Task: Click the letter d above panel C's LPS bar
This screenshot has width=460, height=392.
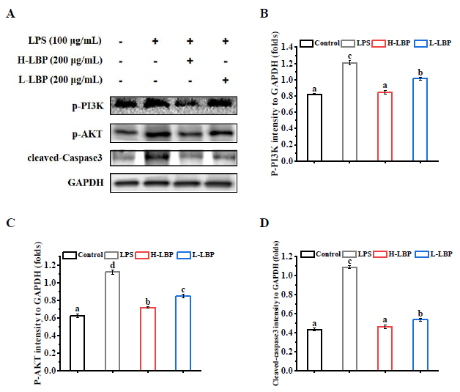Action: click(x=113, y=265)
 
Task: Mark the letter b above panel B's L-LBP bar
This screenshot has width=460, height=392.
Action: click(x=420, y=72)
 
